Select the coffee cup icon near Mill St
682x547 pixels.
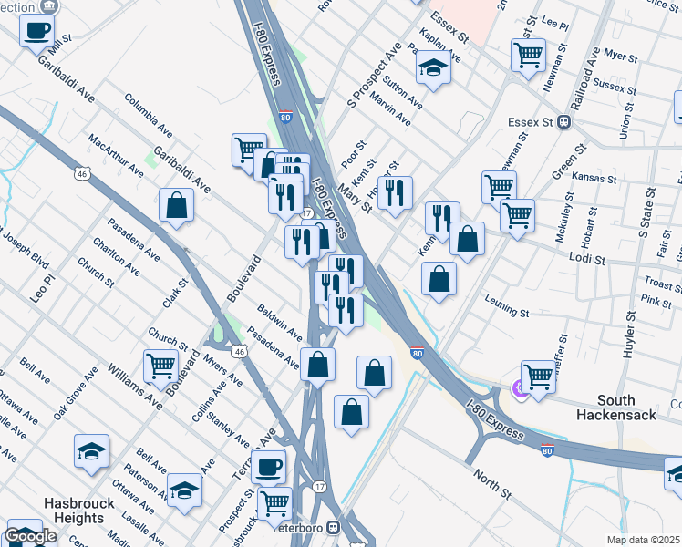37,30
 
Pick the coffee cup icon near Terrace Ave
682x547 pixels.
268,467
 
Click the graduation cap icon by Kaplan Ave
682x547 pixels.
433,67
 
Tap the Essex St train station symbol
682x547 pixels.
564,121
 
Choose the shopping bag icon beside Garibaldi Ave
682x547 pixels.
176,205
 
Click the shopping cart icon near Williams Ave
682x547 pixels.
160,366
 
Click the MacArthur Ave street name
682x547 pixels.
116,156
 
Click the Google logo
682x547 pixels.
30,536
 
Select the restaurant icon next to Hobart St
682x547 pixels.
394,192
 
